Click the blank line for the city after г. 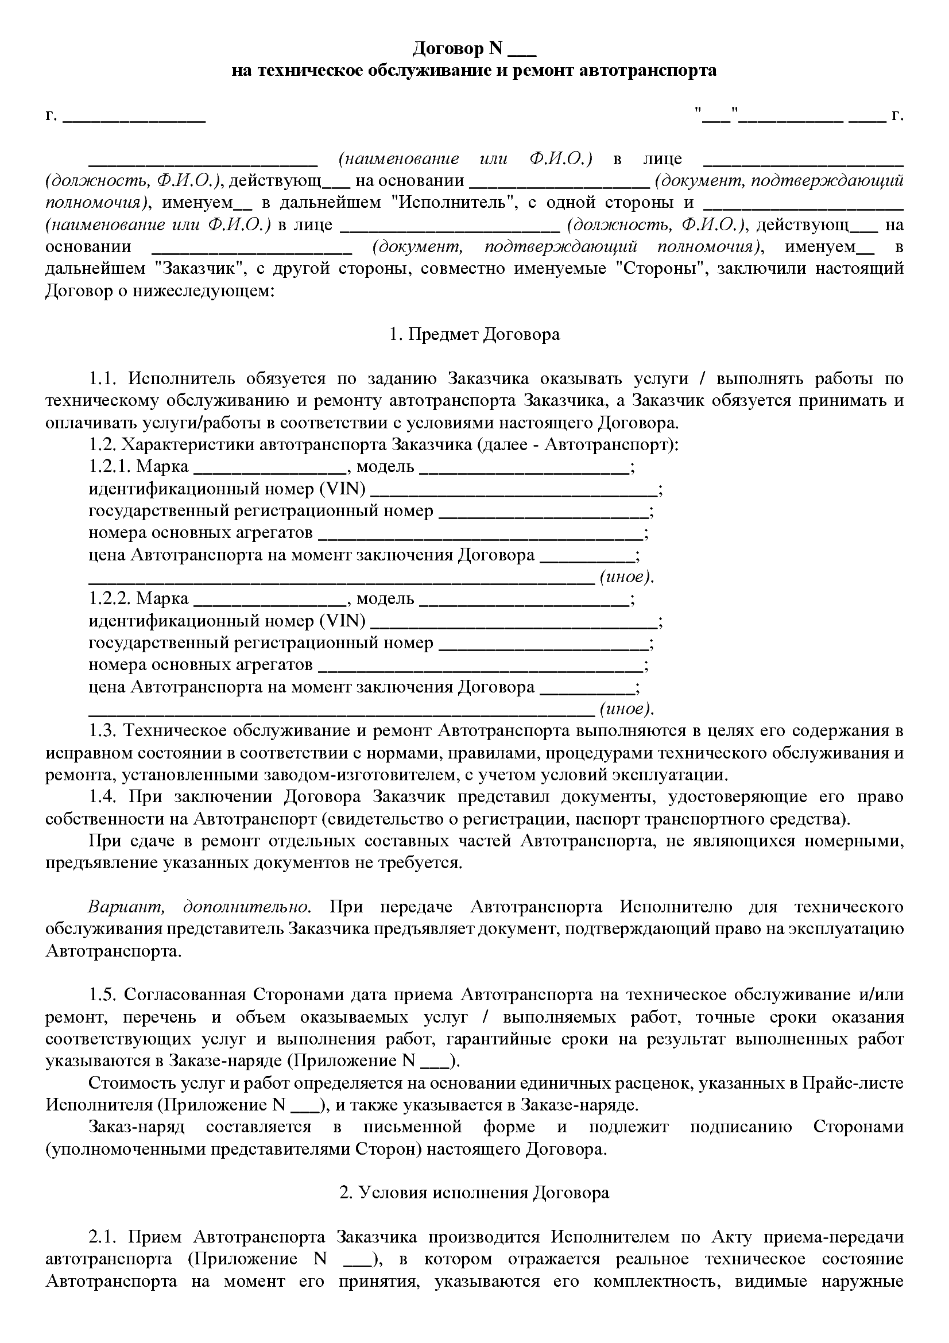134,117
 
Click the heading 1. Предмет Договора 474,335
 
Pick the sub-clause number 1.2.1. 109,467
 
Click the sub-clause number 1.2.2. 109,598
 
